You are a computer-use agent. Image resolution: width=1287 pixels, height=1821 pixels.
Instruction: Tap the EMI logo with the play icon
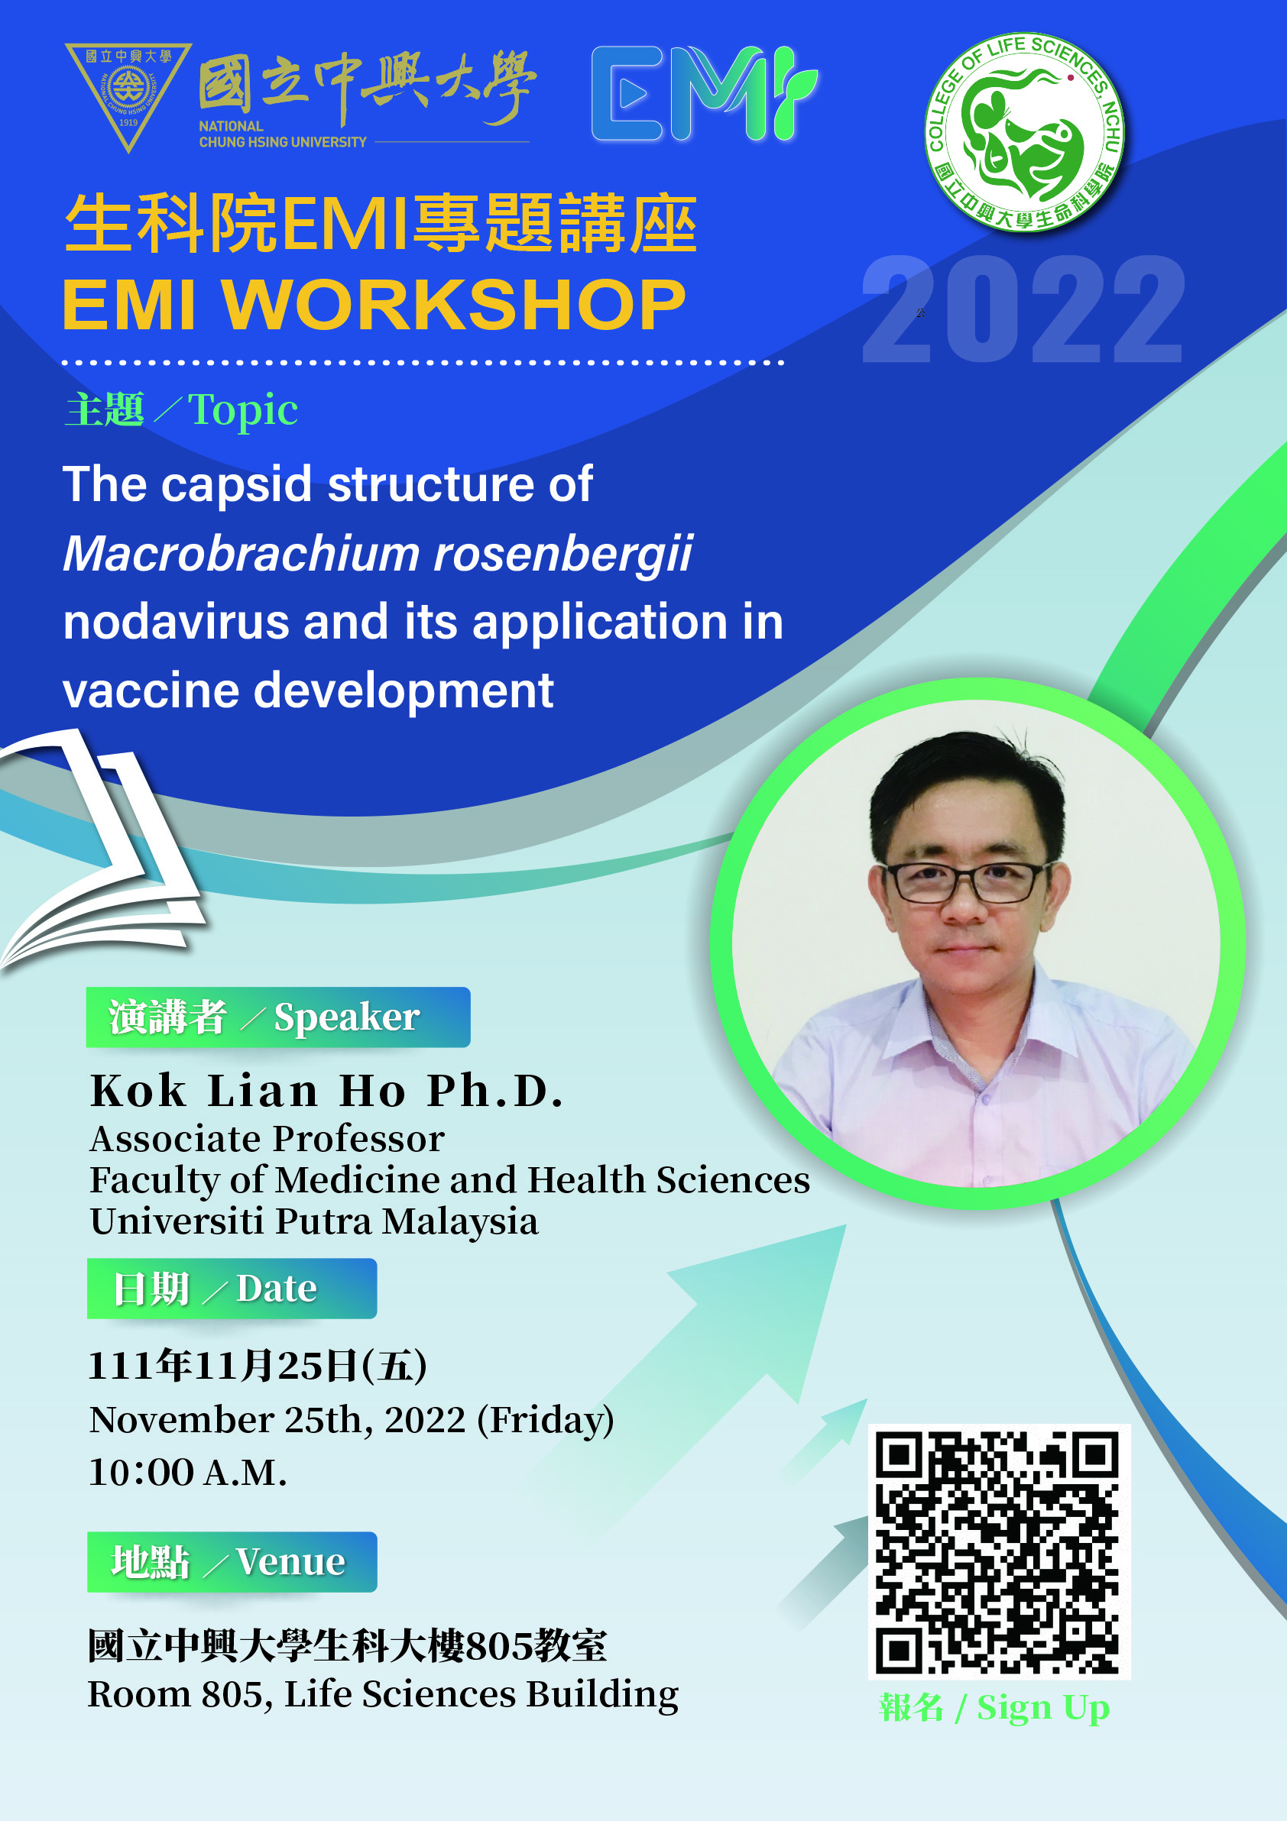pos(705,94)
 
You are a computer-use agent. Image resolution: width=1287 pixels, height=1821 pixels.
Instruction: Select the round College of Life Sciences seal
pos(1024,132)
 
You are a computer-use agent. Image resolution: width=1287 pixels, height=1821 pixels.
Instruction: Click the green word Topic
pos(243,410)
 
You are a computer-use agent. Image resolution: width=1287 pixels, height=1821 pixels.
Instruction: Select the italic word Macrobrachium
pos(242,553)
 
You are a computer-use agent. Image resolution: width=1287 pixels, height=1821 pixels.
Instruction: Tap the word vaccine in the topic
pos(151,691)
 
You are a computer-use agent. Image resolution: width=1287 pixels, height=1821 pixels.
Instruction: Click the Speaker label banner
pos(277,1017)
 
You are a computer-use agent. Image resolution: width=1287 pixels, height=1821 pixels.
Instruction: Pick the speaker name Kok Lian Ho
pos(254,1091)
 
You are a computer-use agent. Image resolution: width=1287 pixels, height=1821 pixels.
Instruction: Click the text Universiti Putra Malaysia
pos(314,1221)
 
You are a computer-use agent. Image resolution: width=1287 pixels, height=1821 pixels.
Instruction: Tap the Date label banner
pos(232,1288)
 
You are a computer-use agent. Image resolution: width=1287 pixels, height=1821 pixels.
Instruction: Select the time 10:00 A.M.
pos(187,1472)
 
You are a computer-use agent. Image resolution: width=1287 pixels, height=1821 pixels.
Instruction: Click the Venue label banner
pos(232,1561)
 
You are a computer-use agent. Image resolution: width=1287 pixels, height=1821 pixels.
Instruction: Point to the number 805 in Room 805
pos(232,1694)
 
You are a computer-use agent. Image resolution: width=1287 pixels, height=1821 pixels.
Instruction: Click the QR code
pos(999,1551)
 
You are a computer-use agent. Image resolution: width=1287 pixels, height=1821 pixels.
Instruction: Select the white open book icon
pos(103,849)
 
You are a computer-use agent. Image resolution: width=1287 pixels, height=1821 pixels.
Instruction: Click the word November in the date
pos(181,1420)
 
